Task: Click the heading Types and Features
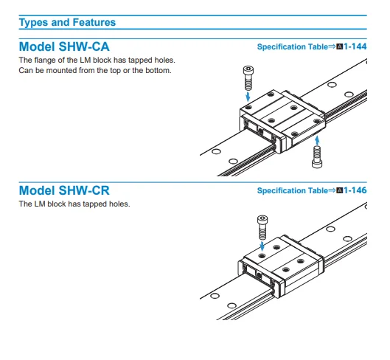pos(67,22)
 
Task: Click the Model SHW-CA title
pos(64,46)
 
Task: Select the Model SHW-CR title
pos(64,190)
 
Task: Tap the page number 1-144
pos(355,46)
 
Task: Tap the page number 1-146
pos(355,190)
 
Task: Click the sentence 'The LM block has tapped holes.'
pos(74,204)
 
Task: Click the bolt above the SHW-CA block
pos(248,77)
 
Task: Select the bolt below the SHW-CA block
pos(317,157)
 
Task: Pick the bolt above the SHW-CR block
pos(262,227)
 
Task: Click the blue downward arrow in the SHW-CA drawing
pos(248,97)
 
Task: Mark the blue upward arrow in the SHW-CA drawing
pos(317,140)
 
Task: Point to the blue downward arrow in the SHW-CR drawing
pos(262,246)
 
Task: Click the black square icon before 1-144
pos(340,46)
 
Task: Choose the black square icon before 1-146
pos(340,191)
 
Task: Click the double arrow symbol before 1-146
pos(332,190)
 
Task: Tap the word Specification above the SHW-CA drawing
pos(282,46)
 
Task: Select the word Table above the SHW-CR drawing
pos(318,191)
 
